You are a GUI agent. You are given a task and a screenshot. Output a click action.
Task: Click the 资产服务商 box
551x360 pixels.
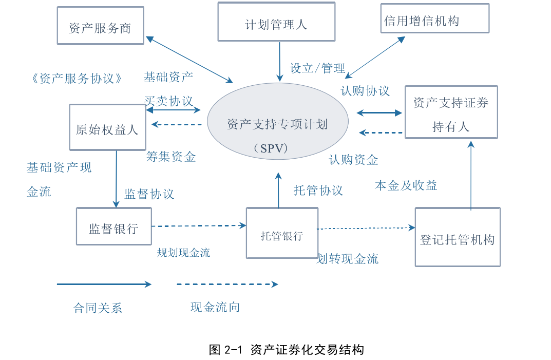click(x=100, y=26)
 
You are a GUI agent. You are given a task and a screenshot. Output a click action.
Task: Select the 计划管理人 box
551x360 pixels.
click(x=276, y=22)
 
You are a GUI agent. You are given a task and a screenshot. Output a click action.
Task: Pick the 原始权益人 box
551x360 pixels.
click(x=107, y=127)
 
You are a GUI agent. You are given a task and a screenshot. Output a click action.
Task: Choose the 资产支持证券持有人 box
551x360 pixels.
click(x=451, y=112)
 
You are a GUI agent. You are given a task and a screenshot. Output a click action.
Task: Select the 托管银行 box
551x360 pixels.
click(x=282, y=233)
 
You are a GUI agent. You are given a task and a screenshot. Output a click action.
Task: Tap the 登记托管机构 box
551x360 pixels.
click(x=457, y=237)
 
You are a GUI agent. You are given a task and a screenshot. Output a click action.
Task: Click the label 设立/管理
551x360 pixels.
click(x=318, y=68)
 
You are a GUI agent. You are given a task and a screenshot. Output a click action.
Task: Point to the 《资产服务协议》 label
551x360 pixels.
click(x=77, y=79)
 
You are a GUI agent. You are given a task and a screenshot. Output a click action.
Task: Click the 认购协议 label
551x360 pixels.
click(x=365, y=91)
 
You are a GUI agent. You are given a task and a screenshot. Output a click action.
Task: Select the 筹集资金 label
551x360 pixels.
click(x=171, y=157)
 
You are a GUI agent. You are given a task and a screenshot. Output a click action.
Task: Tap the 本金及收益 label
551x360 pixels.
click(x=406, y=185)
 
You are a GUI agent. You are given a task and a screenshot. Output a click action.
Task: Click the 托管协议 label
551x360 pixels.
click(x=318, y=191)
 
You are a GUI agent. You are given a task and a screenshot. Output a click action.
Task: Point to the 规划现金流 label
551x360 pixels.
click(x=183, y=253)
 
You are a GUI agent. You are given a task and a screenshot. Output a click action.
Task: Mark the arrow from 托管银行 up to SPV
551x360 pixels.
click(x=278, y=191)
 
